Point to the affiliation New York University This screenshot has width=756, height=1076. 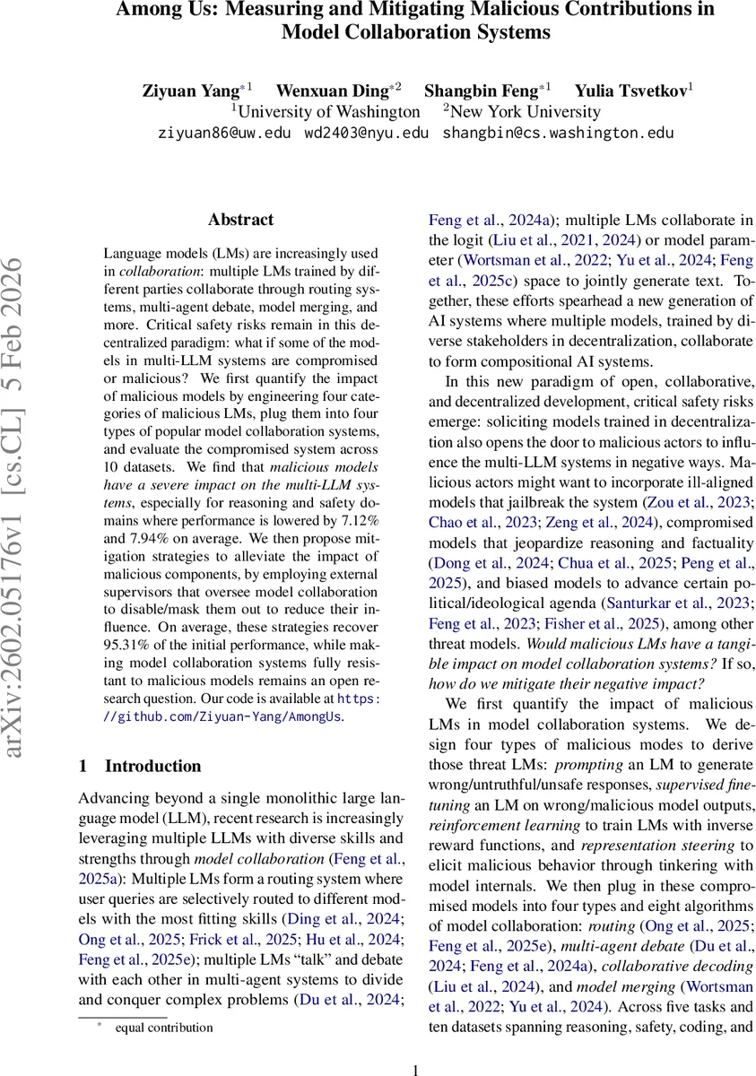(x=525, y=112)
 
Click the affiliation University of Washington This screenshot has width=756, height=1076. (x=328, y=112)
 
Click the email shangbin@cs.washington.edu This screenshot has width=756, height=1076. (x=558, y=134)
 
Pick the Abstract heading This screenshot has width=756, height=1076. (x=240, y=220)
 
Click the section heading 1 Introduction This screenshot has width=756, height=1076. (x=140, y=766)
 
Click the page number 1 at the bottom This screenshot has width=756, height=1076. (x=415, y=1069)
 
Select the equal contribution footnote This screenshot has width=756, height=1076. (x=163, y=1028)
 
